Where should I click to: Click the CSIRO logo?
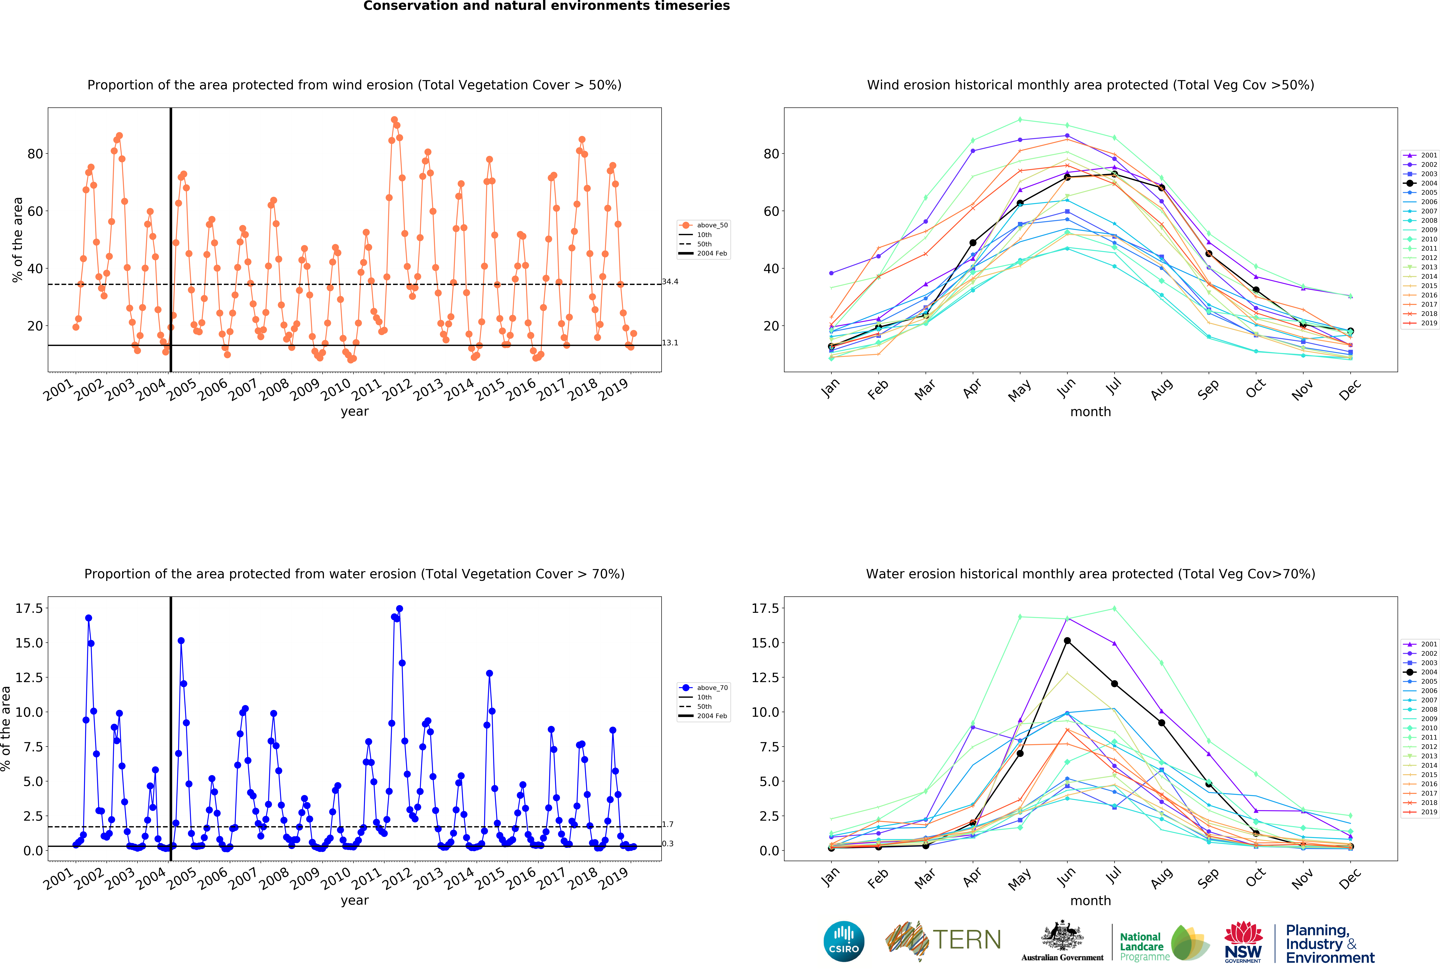tap(844, 941)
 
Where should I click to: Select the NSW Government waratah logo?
tap(1243, 941)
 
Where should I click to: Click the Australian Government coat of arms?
tap(1062, 936)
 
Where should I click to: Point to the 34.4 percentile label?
tap(670, 281)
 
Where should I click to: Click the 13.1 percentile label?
tap(670, 343)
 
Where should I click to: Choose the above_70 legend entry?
tap(703, 688)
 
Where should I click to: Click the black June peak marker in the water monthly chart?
tap(1067, 641)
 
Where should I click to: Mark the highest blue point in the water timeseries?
tap(400, 609)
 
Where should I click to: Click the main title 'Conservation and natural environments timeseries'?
tap(546, 6)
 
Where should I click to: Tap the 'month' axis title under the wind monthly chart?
tap(1091, 412)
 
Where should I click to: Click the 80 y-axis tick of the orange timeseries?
tap(35, 154)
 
